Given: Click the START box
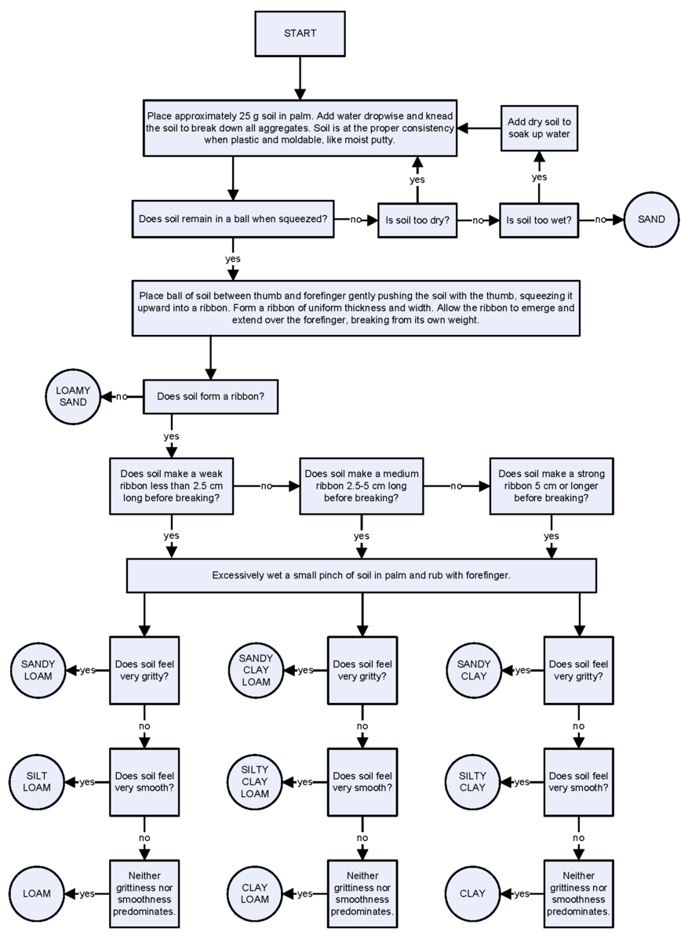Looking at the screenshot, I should [300, 34].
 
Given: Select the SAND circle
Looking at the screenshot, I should [651, 220].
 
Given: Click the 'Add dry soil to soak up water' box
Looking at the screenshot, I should [539, 128].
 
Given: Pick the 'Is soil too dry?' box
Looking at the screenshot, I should [417, 220].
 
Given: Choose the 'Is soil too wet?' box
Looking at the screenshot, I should [539, 220].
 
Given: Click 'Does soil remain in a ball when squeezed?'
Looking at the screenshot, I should [233, 219].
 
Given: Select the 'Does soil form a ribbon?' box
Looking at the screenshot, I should [210, 396].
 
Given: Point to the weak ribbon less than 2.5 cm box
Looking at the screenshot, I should [171, 486].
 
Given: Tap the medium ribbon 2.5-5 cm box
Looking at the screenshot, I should [362, 486].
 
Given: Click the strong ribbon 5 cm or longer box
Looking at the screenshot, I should [551, 486].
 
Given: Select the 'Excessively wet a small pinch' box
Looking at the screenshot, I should [361, 575].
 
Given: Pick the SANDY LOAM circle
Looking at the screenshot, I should [38, 670].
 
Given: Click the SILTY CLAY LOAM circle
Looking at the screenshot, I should [255, 781].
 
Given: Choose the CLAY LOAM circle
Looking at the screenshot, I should [255, 894].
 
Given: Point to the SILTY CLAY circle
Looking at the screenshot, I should [472, 781].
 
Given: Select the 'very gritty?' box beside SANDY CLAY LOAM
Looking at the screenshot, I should [362, 670].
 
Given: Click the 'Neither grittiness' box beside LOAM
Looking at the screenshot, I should [144, 894].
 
